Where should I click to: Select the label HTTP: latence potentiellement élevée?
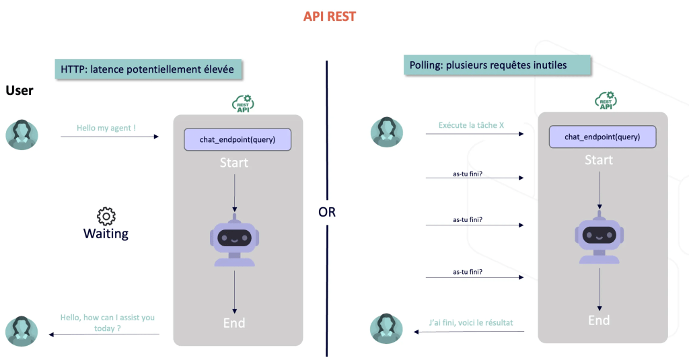click(x=148, y=69)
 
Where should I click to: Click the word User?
click(x=20, y=90)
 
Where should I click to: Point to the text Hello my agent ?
click(x=106, y=128)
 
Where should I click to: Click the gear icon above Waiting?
click(x=106, y=216)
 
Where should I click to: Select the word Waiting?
click(x=106, y=234)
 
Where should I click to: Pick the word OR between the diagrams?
click(x=327, y=212)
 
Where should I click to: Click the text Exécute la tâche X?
click(x=471, y=125)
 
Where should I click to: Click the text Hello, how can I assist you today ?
click(x=108, y=322)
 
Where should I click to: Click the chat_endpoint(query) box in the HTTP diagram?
click(x=238, y=139)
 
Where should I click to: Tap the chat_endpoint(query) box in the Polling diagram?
click(x=602, y=137)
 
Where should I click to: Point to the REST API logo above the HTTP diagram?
click(x=244, y=103)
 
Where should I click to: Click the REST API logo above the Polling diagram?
click(x=606, y=100)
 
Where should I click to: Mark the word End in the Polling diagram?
click(x=599, y=320)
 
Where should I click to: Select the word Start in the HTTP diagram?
click(x=234, y=163)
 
